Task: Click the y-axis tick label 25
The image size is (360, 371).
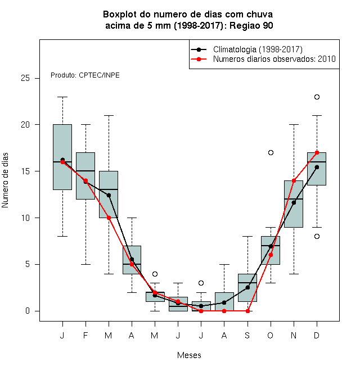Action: click(x=25, y=78)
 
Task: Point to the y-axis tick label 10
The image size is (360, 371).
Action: click(x=25, y=218)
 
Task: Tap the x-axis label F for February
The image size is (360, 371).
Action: click(x=85, y=335)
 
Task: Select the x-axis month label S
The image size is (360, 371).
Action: click(x=247, y=335)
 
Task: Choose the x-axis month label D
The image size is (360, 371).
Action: click(x=317, y=335)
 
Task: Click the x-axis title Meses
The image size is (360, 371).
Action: click(x=189, y=355)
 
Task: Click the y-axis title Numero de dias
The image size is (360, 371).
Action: click(x=5, y=180)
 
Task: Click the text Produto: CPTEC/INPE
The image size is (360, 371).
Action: click(x=85, y=75)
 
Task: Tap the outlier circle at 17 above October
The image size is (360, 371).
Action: click(x=271, y=152)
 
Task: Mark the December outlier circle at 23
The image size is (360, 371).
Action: click(x=317, y=97)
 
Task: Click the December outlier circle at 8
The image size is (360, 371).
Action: click(x=317, y=236)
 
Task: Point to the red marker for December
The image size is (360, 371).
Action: click(x=317, y=152)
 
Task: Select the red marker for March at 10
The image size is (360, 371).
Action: click(x=109, y=218)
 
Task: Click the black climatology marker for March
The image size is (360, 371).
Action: click(x=109, y=195)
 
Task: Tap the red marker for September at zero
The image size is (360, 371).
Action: click(x=247, y=311)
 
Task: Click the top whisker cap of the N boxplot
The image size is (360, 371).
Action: click(x=294, y=124)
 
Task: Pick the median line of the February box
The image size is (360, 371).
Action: click(x=85, y=171)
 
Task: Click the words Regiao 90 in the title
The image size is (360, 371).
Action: click(x=251, y=25)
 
